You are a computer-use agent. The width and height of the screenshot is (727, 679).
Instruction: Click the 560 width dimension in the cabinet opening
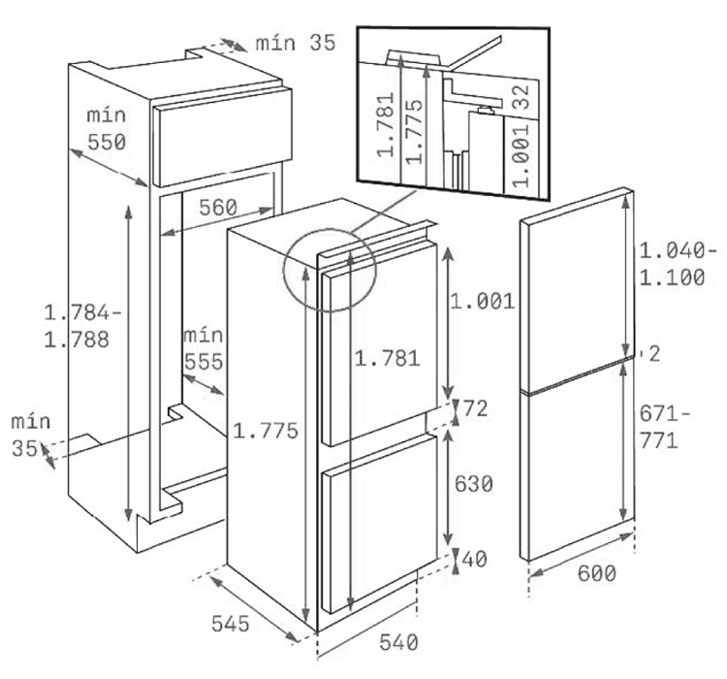tap(218, 208)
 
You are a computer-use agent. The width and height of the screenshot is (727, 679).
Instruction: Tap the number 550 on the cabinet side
tap(107, 142)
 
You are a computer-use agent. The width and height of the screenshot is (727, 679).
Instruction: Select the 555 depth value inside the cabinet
tap(204, 362)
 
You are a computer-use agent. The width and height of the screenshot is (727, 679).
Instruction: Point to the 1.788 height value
tap(77, 339)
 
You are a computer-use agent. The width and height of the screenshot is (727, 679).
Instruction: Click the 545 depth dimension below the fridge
tap(231, 624)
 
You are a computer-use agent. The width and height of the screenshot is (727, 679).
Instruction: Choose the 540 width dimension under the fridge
tap(398, 642)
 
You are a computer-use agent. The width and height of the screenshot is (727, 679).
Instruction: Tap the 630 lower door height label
tap(473, 484)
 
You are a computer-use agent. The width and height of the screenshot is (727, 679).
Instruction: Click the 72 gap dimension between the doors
tap(475, 409)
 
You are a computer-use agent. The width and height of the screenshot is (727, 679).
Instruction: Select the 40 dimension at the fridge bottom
tap(474, 560)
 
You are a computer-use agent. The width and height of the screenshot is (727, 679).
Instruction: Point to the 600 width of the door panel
tap(597, 573)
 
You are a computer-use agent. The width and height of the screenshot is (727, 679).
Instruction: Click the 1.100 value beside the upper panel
tap(673, 277)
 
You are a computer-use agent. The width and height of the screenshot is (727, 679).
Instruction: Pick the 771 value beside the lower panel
tap(659, 440)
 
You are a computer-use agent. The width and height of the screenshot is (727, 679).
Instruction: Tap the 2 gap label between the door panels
tap(654, 354)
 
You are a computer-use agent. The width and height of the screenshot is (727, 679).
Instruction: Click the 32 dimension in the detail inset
tap(522, 96)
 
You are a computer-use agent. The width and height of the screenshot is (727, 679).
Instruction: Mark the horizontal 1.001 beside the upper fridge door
tap(482, 302)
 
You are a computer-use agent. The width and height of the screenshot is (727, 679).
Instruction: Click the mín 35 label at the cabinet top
tap(296, 43)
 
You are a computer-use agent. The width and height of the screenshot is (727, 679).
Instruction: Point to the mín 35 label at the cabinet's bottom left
tap(31, 435)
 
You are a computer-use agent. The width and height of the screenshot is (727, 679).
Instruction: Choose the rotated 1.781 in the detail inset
tap(386, 124)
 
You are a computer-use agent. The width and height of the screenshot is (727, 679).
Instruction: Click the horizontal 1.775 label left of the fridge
tap(266, 431)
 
